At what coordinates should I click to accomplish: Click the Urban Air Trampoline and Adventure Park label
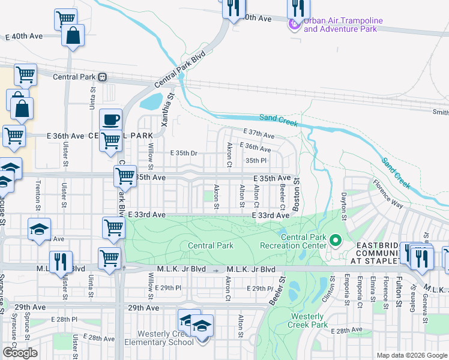point(340,24)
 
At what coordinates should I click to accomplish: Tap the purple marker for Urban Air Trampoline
point(294,25)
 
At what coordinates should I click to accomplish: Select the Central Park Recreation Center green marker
point(336,242)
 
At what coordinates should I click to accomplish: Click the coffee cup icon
point(110,119)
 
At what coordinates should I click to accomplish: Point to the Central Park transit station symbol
point(103,77)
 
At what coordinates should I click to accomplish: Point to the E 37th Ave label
point(258,133)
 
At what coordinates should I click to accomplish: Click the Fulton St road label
point(399,292)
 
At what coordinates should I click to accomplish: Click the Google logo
point(20,353)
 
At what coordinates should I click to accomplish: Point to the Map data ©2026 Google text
point(412,355)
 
